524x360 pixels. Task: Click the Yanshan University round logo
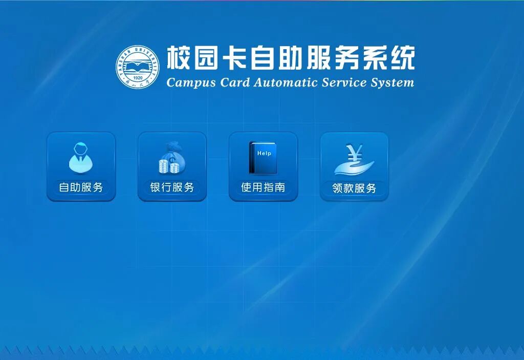pyautogui.click(x=138, y=67)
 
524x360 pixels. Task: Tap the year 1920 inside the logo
pyautogui.click(x=138, y=78)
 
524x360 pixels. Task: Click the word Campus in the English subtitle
pyautogui.click(x=191, y=82)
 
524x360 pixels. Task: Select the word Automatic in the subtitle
pyautogui.click(x=285, y=82)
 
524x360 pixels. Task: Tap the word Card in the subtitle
pyautogui.click(x=234, y=82)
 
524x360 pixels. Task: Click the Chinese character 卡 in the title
pyautogui.click(x=234, y=57)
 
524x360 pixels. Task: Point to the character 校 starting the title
pyautogui.click(x=179, y=57)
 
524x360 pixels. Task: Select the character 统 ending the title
pyautogui.click(x=403, y=57)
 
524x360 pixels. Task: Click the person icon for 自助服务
pyautogui.click(x=81, y=158)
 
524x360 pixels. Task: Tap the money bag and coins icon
pyautogui.click(x=172, y=158)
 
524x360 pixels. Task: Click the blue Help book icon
pyautogui.click(x=263, y=158)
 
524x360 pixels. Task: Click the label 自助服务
pyautogui.click(x=81, y=187)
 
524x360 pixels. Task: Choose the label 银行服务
pyautogui.click(x=172, y=187)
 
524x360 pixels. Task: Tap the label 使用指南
pyautogui.click(x=264, y=187)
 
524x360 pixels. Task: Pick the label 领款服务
pyautogui.click(x=354, y=188)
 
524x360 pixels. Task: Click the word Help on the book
pyautogui.click(x=264, y=153)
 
